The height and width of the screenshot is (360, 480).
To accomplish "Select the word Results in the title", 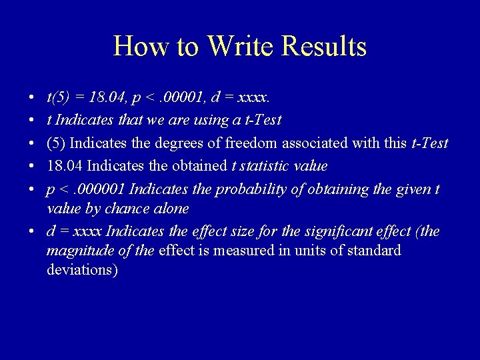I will click(324, 47).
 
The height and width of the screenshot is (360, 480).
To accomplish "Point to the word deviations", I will click(82, 270).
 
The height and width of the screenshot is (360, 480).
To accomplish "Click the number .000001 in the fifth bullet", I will click(101, 189).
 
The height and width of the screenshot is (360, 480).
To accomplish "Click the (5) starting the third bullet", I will click(56, 143).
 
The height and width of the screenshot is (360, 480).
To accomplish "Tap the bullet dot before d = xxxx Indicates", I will click(33, 232).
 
